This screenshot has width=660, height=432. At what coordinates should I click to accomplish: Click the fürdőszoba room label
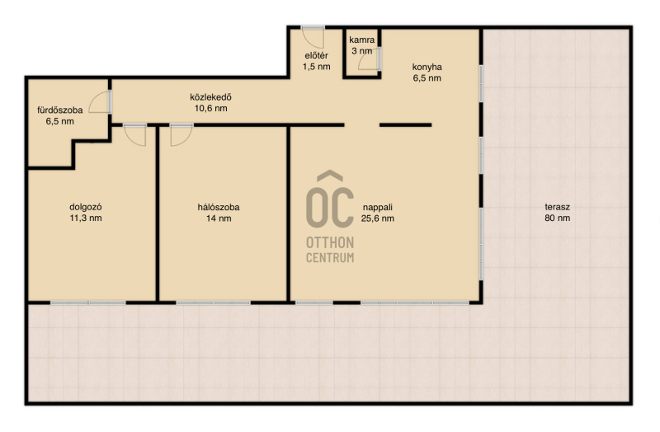point(59,110)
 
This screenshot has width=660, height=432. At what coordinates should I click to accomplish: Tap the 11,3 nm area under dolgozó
point(86,218)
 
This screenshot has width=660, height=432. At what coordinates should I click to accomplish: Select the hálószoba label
point(219,207)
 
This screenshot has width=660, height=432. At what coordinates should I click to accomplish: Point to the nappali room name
point(378,207)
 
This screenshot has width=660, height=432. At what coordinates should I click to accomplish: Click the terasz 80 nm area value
point(558,218)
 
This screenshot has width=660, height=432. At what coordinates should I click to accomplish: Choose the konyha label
point(427,67)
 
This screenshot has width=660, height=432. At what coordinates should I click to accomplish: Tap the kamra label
point(362,40)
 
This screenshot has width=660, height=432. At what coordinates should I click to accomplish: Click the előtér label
point(317,55)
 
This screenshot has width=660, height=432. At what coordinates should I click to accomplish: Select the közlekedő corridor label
point(211,97)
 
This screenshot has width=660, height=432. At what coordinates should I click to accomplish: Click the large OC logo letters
point(330,200)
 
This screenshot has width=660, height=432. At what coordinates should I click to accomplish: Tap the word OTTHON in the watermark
point(330,242)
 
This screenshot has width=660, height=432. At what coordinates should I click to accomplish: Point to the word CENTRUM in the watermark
point(330,257)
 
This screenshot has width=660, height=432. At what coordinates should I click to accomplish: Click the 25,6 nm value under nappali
point(378,218)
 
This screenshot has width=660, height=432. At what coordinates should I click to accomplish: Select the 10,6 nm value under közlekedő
point(211,108)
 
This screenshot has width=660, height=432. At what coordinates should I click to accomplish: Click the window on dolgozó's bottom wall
point(88,303)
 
